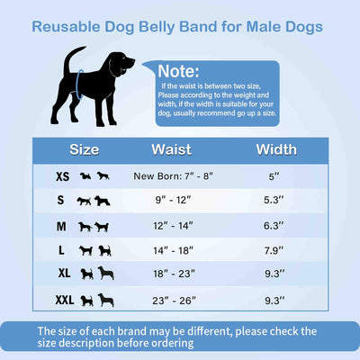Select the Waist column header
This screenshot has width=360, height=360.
(170, 148)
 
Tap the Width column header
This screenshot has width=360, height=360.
(276, 148)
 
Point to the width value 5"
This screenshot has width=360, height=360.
(276, 177)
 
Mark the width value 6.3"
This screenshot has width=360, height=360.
(276, 227)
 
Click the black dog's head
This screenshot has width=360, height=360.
(121, 63)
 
